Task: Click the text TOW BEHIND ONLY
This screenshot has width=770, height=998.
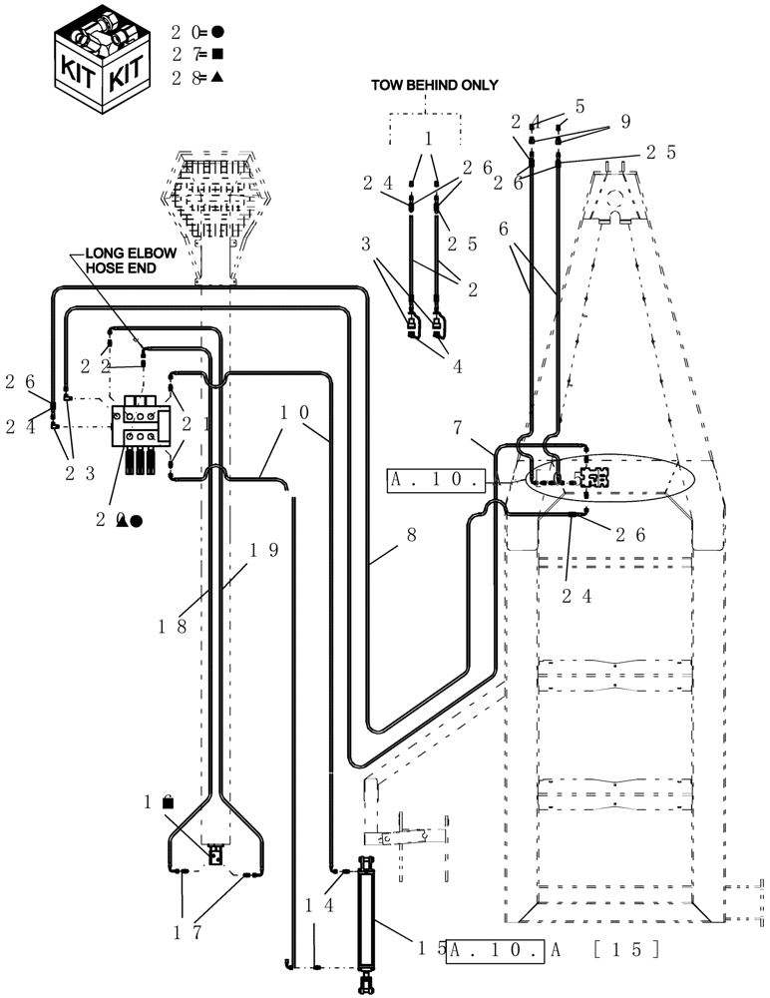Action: (434, 86)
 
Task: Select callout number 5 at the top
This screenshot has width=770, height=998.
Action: (580, 106)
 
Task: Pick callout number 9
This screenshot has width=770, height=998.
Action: (625, 123)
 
